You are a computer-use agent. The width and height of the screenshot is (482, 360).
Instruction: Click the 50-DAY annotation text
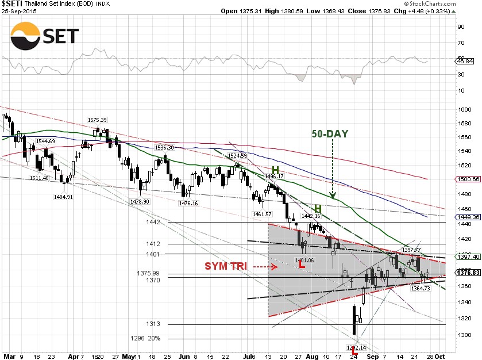(330, 134)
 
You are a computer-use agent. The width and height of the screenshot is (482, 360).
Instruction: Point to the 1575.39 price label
(97, 120)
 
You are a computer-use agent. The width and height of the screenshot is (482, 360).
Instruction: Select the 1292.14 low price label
(355, 347)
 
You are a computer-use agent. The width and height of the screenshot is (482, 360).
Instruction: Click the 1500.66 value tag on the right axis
(467, 179)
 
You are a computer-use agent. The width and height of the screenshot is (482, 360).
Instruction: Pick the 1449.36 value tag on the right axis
(467, 217)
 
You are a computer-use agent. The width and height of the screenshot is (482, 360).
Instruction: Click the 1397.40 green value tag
(467, 256)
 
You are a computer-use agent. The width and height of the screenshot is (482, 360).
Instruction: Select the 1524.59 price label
(237, 156)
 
